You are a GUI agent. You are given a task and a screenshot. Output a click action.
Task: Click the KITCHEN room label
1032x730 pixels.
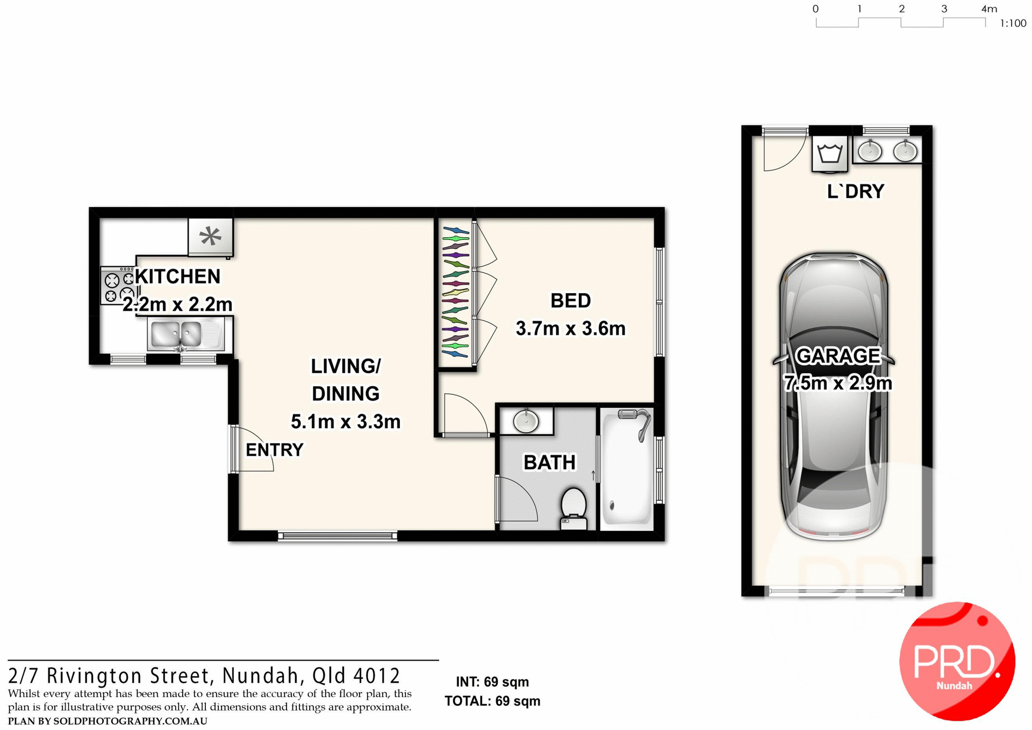point(177,277)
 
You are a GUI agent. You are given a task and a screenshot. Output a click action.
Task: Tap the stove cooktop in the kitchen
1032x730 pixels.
point(117,286)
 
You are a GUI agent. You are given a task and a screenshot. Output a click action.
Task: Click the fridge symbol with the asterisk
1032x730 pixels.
point(210,236)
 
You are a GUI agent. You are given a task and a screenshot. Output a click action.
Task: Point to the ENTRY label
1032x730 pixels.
point(274,450)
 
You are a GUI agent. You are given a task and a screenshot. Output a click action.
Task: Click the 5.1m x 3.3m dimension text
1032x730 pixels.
point(346,422)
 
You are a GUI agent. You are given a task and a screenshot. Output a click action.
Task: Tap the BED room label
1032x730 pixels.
point(570,301)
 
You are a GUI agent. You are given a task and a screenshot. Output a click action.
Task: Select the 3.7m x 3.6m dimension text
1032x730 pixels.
point(570,329)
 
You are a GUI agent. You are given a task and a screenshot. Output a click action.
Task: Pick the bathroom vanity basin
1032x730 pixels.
point(526,421)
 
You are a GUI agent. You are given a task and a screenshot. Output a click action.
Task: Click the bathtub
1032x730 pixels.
point(626,468)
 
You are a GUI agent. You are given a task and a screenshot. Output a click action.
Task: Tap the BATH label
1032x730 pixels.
point(549,463)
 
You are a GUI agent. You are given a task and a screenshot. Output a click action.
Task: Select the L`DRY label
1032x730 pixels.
point(855,192)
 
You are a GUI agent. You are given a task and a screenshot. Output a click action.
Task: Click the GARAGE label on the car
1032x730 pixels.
point(837,356)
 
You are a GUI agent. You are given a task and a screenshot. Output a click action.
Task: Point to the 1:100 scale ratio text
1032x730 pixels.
point(1013,24)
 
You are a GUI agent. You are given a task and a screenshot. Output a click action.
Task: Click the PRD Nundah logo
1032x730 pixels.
point(957,661)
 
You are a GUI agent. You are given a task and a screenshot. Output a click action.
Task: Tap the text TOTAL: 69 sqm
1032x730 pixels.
point(492,701)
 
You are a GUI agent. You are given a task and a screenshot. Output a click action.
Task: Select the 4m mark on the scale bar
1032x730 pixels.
point(988,9)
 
